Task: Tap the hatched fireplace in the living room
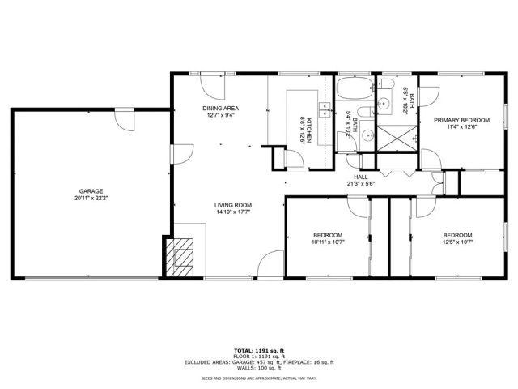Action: [181, 257]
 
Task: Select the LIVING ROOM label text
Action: [234, 206]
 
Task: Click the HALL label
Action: [360, 177]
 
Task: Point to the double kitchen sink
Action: [325, 110]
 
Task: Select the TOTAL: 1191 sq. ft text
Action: [259, 348]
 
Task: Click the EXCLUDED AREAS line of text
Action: [259, 361]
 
